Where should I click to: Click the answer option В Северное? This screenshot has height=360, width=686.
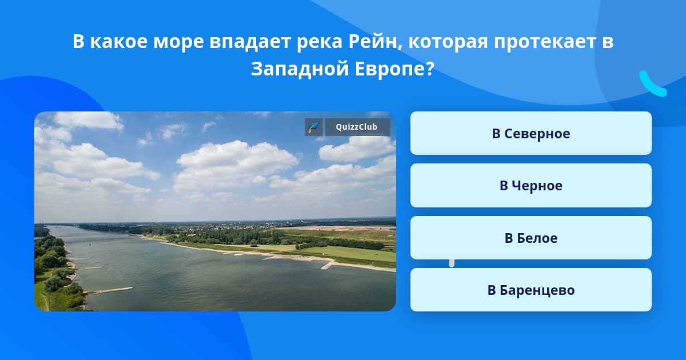pos(531,133)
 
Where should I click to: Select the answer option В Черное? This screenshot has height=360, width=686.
pos(531,186)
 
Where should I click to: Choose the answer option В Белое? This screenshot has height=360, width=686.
pos(531,238)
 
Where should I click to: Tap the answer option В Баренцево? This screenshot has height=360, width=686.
pos(531,290)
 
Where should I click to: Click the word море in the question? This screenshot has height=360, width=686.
pos(178,42)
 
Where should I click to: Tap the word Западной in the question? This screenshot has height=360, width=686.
pos(300,69)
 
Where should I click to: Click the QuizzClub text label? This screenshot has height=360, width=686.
pos(357,127)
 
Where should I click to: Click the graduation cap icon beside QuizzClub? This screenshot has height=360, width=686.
pos(314,127)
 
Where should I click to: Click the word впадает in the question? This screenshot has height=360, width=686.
pos(250,42)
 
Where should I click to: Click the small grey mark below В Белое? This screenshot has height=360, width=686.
pos(452,263)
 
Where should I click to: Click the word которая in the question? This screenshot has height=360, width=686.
pos(448,42)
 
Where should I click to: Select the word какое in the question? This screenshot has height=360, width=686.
pos(119,41)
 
